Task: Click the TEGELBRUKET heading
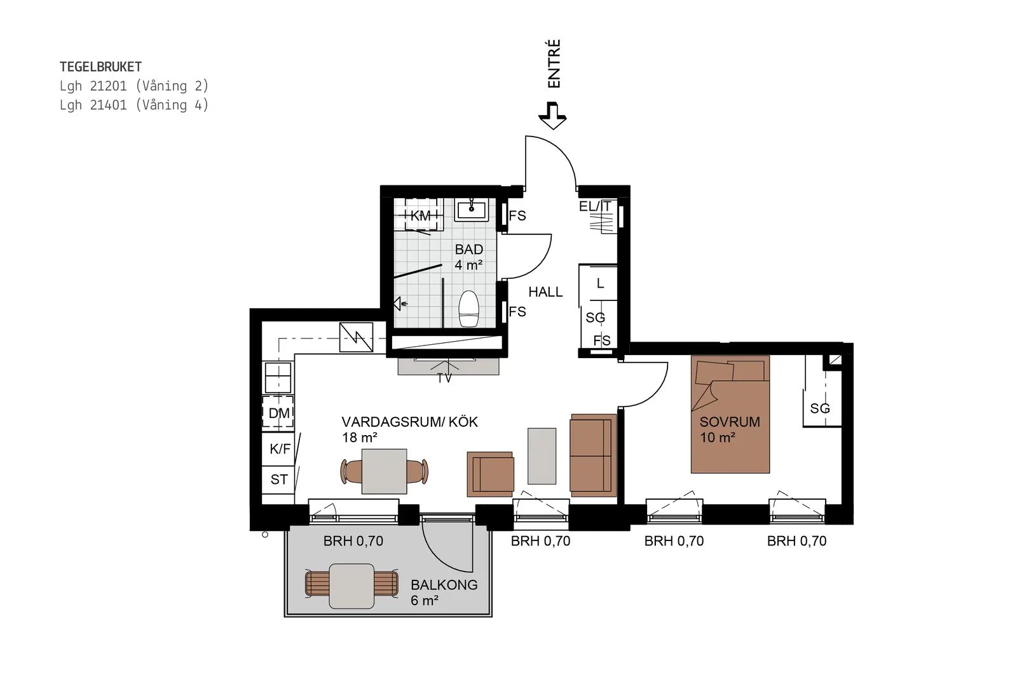coord(101,67)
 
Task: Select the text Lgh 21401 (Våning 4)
coord(134,105)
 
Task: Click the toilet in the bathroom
coord(468,309)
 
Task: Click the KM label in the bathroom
coord(420,216)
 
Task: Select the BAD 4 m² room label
coord(469,257)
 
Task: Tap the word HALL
coord(545,292)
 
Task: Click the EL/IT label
coord(595,206)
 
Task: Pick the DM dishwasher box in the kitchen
coord(278,412)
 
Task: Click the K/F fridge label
coord(280,449)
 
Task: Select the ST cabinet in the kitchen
coord(278,479)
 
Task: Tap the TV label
coord(444,378)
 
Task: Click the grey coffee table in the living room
coord(542,456)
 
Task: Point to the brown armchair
coord(491,474)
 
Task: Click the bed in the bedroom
coord(730,414)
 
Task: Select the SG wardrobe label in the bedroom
coord(820,408)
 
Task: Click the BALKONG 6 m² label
coord(444,593)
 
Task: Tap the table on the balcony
coord(352,586)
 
